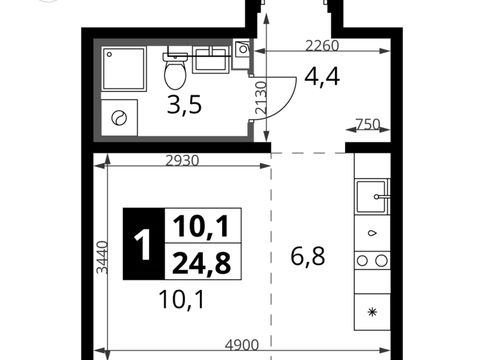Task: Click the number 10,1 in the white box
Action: pos(202,226)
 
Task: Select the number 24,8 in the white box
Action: pos(202,263)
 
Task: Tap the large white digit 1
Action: pos(143,246)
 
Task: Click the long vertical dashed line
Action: pos(271,248)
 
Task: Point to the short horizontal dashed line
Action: pos(310,153)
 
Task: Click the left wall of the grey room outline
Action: pos(97,90)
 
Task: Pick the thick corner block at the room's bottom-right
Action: pos(251,132)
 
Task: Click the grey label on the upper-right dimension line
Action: pos(322,44)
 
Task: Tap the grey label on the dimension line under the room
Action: pos(184,161)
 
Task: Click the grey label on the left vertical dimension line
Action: pos(99,258)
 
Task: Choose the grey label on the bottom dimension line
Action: pos(242,343)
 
